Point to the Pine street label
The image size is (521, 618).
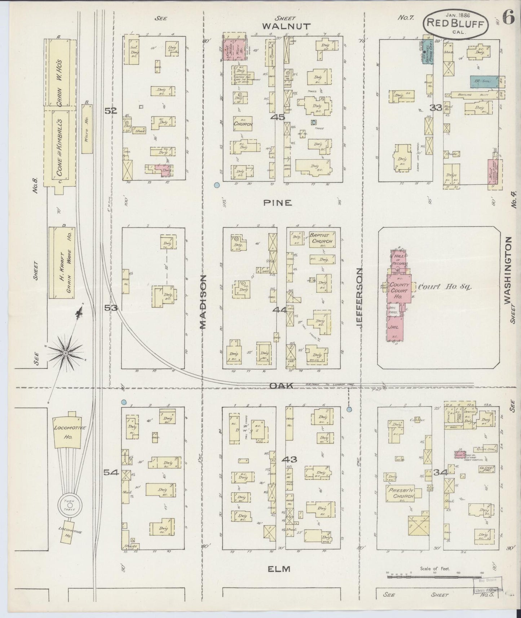point(277,203)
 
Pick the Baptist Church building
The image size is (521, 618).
point(322,239)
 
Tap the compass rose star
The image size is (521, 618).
point(66,353)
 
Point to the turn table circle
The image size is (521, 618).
point(68,503)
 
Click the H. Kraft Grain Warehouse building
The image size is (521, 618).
point(61,262)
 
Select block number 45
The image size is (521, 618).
point(278,117)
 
